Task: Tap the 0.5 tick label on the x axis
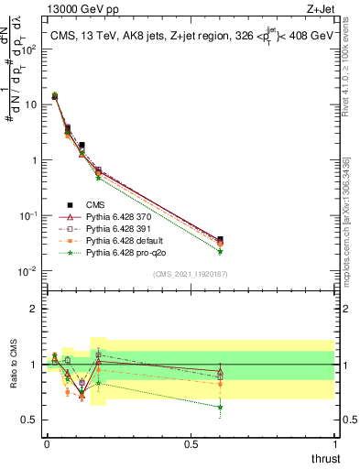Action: pos(191,442)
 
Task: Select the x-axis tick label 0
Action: pos(47,442)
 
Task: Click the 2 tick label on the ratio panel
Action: pos(33,309)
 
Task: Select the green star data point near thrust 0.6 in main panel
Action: pos(220,251)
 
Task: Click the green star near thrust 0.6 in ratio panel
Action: pos(220,408)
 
